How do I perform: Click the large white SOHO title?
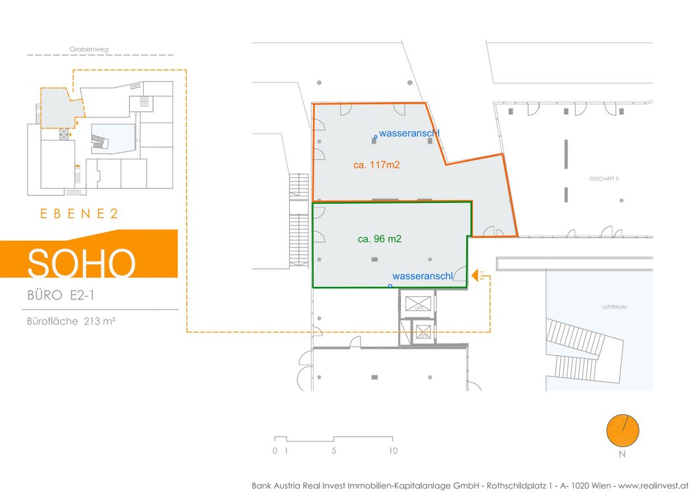click(82, 263)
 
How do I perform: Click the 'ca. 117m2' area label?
click(377, 165)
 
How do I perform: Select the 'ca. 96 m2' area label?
click(380, 239)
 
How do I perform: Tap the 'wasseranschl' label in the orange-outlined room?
click(409, 133)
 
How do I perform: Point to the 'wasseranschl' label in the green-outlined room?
click(423, 276)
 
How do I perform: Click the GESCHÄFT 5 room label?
click(604, 179)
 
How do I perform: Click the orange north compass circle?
click(622, 430)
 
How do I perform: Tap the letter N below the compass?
click(622, 454)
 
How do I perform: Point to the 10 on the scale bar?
click(393, 451)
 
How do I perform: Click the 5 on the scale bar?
click(334, 451)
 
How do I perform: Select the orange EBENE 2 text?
click(79, 214)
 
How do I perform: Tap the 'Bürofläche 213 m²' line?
click(71, 321)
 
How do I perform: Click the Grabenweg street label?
click(89, 49)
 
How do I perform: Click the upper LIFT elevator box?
click(418, 303)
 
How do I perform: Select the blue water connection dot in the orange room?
click(375, 137)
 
